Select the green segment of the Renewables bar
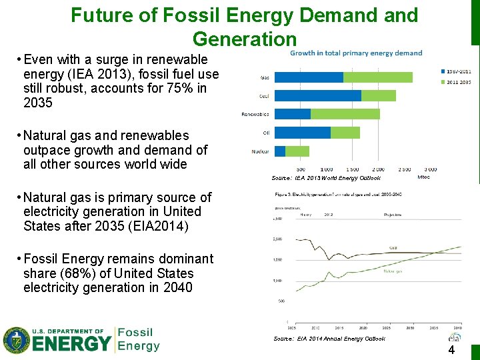[x=345, y=114]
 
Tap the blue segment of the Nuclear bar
[x=280, y=151]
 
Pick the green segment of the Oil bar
[x=345, y=133]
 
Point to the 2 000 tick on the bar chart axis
[x=378, y=169]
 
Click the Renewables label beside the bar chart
[x=255, y=115]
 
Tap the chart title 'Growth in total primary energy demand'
[x=356, y=53]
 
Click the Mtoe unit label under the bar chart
[x=423, y=177]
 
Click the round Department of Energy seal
[x=16, y=340]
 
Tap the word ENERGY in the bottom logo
[x=73, y=344]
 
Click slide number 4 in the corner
[x=451, y=351]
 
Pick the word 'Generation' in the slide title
[x=244, y=39]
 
